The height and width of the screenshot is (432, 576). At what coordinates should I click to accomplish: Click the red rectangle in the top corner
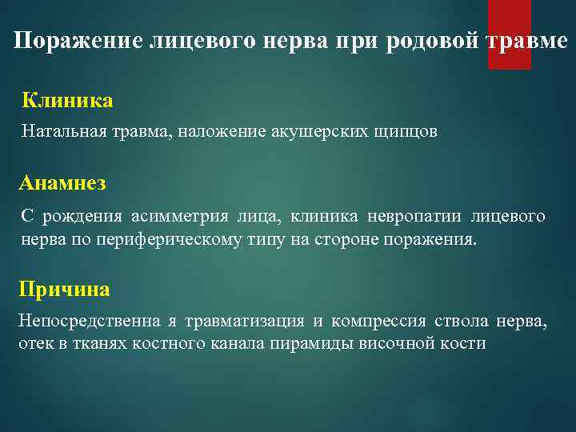[x=509, y=34]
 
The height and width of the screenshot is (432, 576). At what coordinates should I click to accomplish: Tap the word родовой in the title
[x=432, y=42]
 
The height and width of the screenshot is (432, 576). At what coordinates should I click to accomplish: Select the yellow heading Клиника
[x=67, y=101]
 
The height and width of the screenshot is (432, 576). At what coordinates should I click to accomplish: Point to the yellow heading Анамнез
[x=62, y=183]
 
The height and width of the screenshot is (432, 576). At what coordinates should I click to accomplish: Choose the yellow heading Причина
[x=64, y=289]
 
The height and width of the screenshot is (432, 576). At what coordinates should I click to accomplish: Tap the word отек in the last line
[x=32, y=344]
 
